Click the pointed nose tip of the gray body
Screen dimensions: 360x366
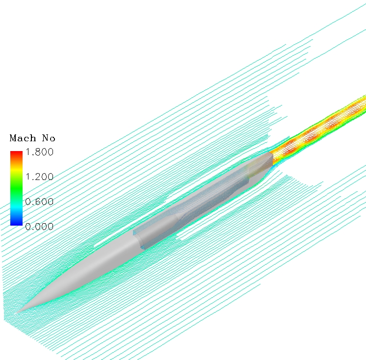pos(18,311)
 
